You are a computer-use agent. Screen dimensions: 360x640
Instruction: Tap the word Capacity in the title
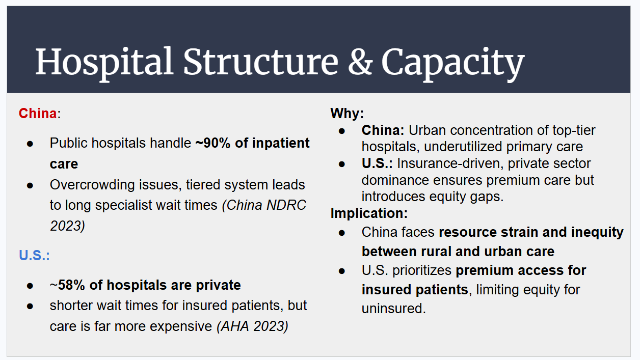pyautogui.click(x=452, y=62)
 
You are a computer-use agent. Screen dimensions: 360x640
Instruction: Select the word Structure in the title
pyautogui.click(x=260, y=62)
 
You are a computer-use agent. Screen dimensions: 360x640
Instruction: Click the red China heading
pyautogui.click(x=38, y=113)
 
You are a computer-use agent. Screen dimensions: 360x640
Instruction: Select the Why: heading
pyautogui.click(x=347, y=113)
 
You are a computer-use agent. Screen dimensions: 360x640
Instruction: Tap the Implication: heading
pyautogui.click(x=369, y=213)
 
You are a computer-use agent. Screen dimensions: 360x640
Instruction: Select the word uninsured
pyautogui.click(x=393, y=309)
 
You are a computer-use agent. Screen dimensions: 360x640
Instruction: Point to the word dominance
pyautogui.click(x=395, y=180)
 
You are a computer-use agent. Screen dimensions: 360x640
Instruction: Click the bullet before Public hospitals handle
pyautogui.click(x=30, y=144)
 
